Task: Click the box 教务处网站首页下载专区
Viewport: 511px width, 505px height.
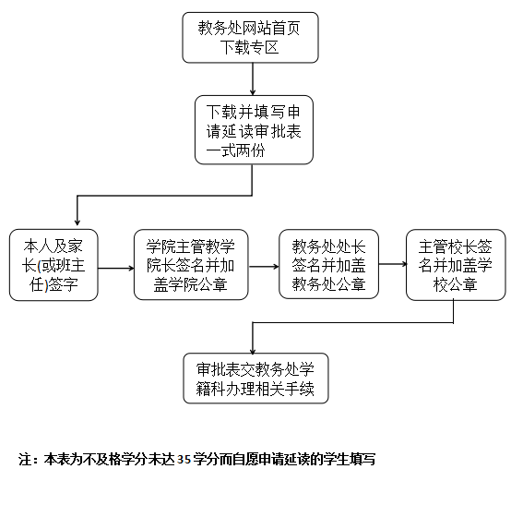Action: tap(250, 38)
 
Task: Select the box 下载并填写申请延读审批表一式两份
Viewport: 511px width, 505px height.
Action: tap(254, 130)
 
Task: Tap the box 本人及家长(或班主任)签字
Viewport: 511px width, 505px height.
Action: tap(53, 265)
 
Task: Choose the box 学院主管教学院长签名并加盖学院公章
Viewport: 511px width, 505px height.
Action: tap(191, 265)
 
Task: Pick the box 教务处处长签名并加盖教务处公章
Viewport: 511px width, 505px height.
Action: tap(328, 264)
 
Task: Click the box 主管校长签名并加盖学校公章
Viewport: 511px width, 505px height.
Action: tap(456, 265)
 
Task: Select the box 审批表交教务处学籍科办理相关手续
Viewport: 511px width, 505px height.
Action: tap(255, 379)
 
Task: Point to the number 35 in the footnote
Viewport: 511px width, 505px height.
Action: tap(184, 460)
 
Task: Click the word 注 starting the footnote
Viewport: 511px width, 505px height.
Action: tap(25, 460)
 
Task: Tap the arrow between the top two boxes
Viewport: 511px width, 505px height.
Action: tap(253, 79)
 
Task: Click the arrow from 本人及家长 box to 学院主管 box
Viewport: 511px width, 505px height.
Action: tap(116, 269)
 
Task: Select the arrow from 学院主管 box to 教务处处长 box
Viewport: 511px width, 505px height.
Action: tap(264, 267)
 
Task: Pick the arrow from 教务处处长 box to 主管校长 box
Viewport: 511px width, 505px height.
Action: tap(392, 264)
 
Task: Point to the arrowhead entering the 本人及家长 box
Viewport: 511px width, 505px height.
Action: tap(77, 222)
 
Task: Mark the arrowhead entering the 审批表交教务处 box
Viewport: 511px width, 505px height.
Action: tap(253, 351)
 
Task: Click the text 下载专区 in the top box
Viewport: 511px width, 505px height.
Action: tap(250, 47)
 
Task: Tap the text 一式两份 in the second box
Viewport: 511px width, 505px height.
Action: tap(235, 150)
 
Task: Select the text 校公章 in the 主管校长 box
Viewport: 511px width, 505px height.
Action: tap(456, 284)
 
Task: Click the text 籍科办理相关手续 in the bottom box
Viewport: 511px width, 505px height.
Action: tap(255, 389)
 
